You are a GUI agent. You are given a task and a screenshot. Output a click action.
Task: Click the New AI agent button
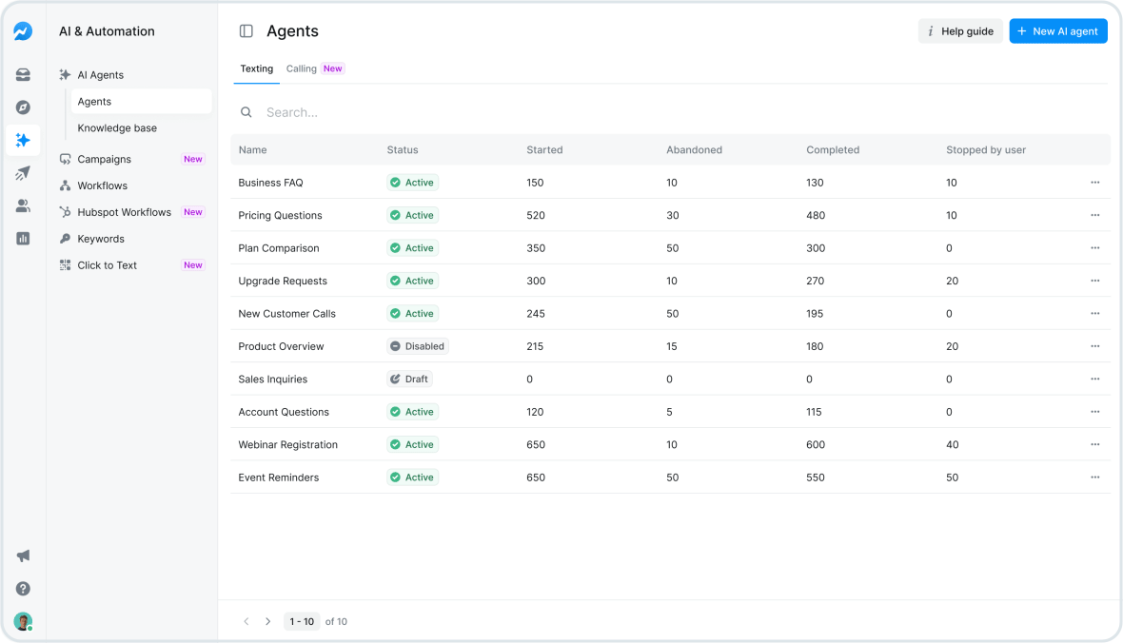tap(1057, 31)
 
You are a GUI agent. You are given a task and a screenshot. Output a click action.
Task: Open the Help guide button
tap(959, 31)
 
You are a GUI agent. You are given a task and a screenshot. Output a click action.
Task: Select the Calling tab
tap(302, 68)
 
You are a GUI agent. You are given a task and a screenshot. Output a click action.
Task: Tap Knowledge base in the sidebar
tap(117, 128)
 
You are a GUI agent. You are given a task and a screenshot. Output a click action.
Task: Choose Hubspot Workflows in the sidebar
tap(124, 212)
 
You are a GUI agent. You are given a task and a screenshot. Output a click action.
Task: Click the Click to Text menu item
tap(107, 265)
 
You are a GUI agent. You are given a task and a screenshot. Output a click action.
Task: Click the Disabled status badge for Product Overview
tap(417, 346)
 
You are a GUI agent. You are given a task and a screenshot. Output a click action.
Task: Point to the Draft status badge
tap(409, 379)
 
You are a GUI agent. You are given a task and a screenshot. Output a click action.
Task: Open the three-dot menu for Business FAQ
tap(1094, 183)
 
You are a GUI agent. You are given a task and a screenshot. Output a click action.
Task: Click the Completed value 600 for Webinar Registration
tap(816, 444)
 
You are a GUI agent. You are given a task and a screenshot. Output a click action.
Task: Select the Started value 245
tap(535, 314)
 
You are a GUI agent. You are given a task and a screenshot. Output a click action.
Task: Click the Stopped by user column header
tap(985, 150)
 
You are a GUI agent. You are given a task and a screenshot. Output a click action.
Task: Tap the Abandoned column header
tap(694, 150)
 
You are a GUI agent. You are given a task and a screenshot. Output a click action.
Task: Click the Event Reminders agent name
tap(278, 477)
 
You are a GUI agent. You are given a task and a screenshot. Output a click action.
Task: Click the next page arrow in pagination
tap(268, 621)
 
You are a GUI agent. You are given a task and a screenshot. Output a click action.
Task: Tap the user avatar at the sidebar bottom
tap(23, 621)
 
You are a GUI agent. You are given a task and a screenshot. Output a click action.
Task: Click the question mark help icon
tap(23, 589)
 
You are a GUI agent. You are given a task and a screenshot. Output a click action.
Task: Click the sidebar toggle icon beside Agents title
tap(246, 31)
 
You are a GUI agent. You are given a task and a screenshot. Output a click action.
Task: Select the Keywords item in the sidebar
tap(101, 239)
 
